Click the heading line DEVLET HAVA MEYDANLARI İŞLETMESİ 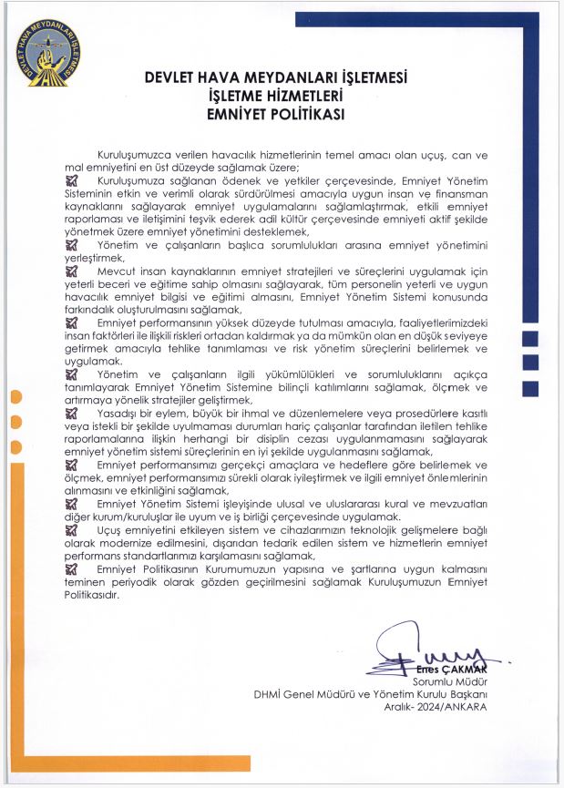[x=282, y=78]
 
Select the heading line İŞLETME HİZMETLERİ [x=282, y=97]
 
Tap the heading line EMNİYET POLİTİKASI [x=282, y=114]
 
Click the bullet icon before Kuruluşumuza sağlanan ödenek [x=72, y=181]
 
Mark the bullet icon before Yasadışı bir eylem [x=72, y=412]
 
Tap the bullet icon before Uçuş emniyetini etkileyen [x=72, y=527]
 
